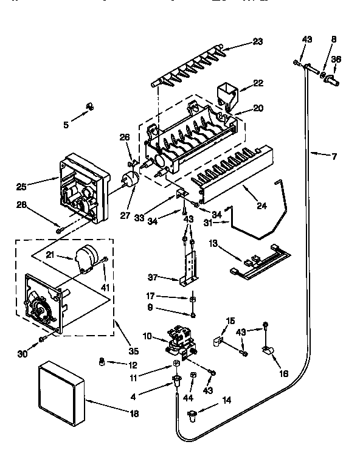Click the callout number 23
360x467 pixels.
coord(258,42)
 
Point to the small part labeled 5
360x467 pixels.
coord(89,108)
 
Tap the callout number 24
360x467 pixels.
coord(261,206)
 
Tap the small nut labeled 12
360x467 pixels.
coord(102,363)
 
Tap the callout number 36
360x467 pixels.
coord(336,60)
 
